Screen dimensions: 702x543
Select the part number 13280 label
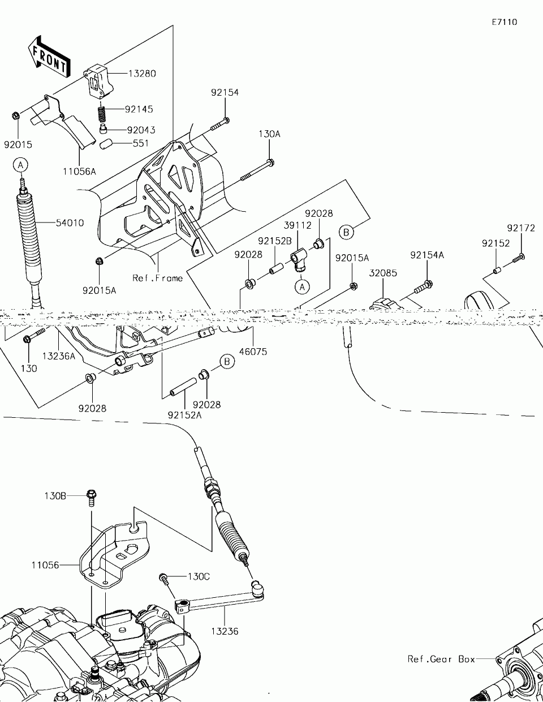tap(142, 74)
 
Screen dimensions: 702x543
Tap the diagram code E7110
tap(504, 23)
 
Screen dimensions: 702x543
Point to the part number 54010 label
tap(70, 223)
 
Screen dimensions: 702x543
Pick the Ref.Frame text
tap(158, 278)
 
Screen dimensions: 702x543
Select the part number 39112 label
tap(300, 225)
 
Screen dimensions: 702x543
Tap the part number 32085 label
tap(383, 273)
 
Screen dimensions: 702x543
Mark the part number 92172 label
tap(520, 228)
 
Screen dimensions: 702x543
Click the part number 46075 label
tap(253, 352)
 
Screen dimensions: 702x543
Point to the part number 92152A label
tap(184, 415)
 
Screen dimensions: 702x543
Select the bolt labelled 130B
tap(91, 497)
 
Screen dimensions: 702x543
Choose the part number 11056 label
tap(45, 565)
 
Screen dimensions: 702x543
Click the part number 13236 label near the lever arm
tap(225, 631)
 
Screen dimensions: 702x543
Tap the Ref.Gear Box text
tap(441, 659)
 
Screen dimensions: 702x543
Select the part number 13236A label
tap(59, 356)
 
